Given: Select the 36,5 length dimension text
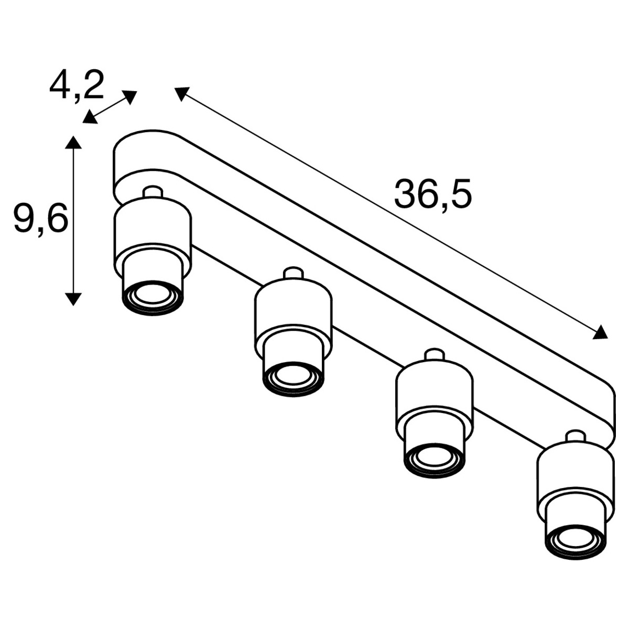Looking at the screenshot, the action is [x=433, y=194].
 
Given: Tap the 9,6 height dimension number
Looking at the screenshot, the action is [x=41, y=218].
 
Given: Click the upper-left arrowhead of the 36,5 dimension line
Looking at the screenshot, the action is [x=181, y=93].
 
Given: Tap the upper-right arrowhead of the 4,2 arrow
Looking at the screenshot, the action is [x=130, y=96].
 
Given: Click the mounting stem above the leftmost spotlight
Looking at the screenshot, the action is [x=153, y=192].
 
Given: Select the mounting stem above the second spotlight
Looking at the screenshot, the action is [x=293, y=273].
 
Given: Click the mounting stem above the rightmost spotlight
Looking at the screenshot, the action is [x=575, y=437].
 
